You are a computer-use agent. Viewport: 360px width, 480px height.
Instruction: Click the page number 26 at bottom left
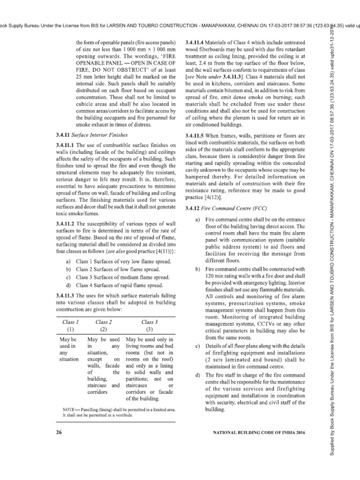[x=59, y=432]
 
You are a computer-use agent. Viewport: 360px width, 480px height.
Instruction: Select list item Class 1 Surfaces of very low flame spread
[x=120, y=261]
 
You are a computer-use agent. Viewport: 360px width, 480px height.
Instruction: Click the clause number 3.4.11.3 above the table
[x=66, y=295]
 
